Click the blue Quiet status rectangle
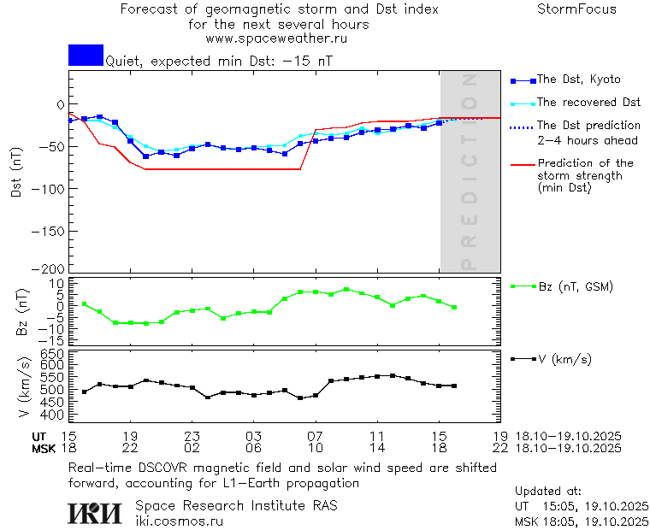click(x=86, y=55)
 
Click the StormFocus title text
click(x=576, y=9)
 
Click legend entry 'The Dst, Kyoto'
click(x=578, y=79)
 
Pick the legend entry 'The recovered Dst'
click(x=588, y=102)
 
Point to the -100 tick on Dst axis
click(x=48, y=187)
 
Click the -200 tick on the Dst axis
click(x=48, y=268)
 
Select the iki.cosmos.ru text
click(x=180, y=521)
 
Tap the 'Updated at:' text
click(x=547, y=492)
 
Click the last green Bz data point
click(x=454, y=307)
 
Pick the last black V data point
click(x=454, y=386)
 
